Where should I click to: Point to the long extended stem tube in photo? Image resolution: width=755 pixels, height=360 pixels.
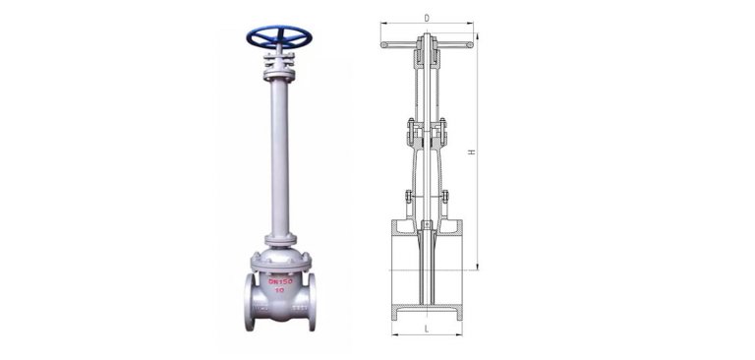(280, 157)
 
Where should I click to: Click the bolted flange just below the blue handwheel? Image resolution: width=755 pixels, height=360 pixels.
(280, 71)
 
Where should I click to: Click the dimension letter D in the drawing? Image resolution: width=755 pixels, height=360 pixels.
(426, 18)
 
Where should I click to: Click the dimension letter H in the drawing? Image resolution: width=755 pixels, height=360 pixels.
(471, 152)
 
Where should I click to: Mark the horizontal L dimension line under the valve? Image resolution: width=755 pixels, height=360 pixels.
(426, 334)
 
